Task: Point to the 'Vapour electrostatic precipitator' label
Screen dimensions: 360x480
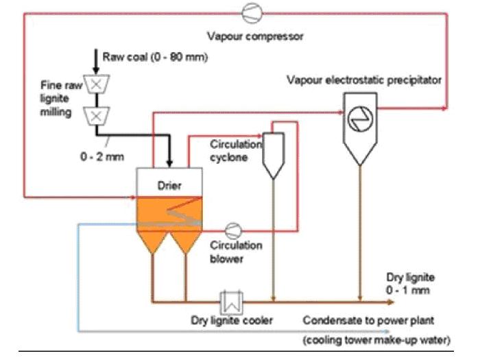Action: point(364,80)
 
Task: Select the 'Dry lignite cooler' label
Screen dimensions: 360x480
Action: point(232,321)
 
